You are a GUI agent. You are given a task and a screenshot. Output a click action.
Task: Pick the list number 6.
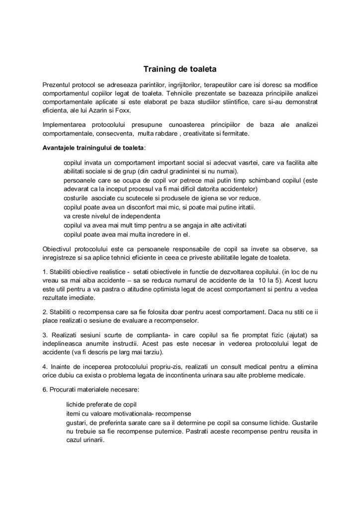pyautogui.click(x=45, y=390)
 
